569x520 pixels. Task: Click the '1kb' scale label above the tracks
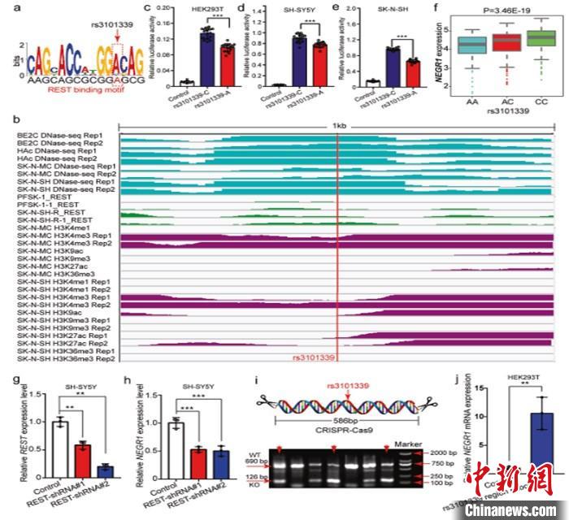click(337, 125)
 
